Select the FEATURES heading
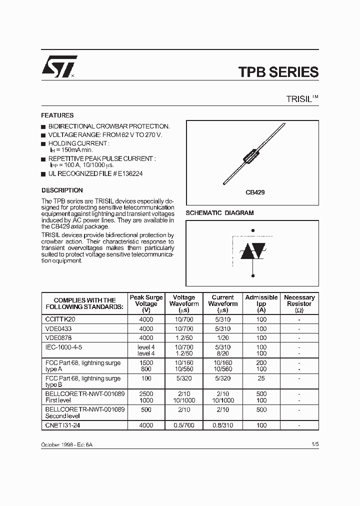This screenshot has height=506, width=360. tap(57, 115)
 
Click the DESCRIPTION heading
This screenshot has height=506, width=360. tap(62, 190)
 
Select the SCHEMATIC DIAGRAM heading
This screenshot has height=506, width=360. tap(219, 213)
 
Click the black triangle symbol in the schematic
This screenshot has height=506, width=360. tap(246, 252)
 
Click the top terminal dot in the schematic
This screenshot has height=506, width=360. tap(252, 230)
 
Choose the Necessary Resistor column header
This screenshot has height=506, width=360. tap(299, 303)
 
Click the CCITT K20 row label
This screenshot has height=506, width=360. tap(61, 318)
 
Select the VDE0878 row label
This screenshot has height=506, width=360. tap(59, 337)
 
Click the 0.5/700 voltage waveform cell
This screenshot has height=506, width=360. tap(183, 425)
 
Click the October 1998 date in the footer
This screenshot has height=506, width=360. tap(56, 444)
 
